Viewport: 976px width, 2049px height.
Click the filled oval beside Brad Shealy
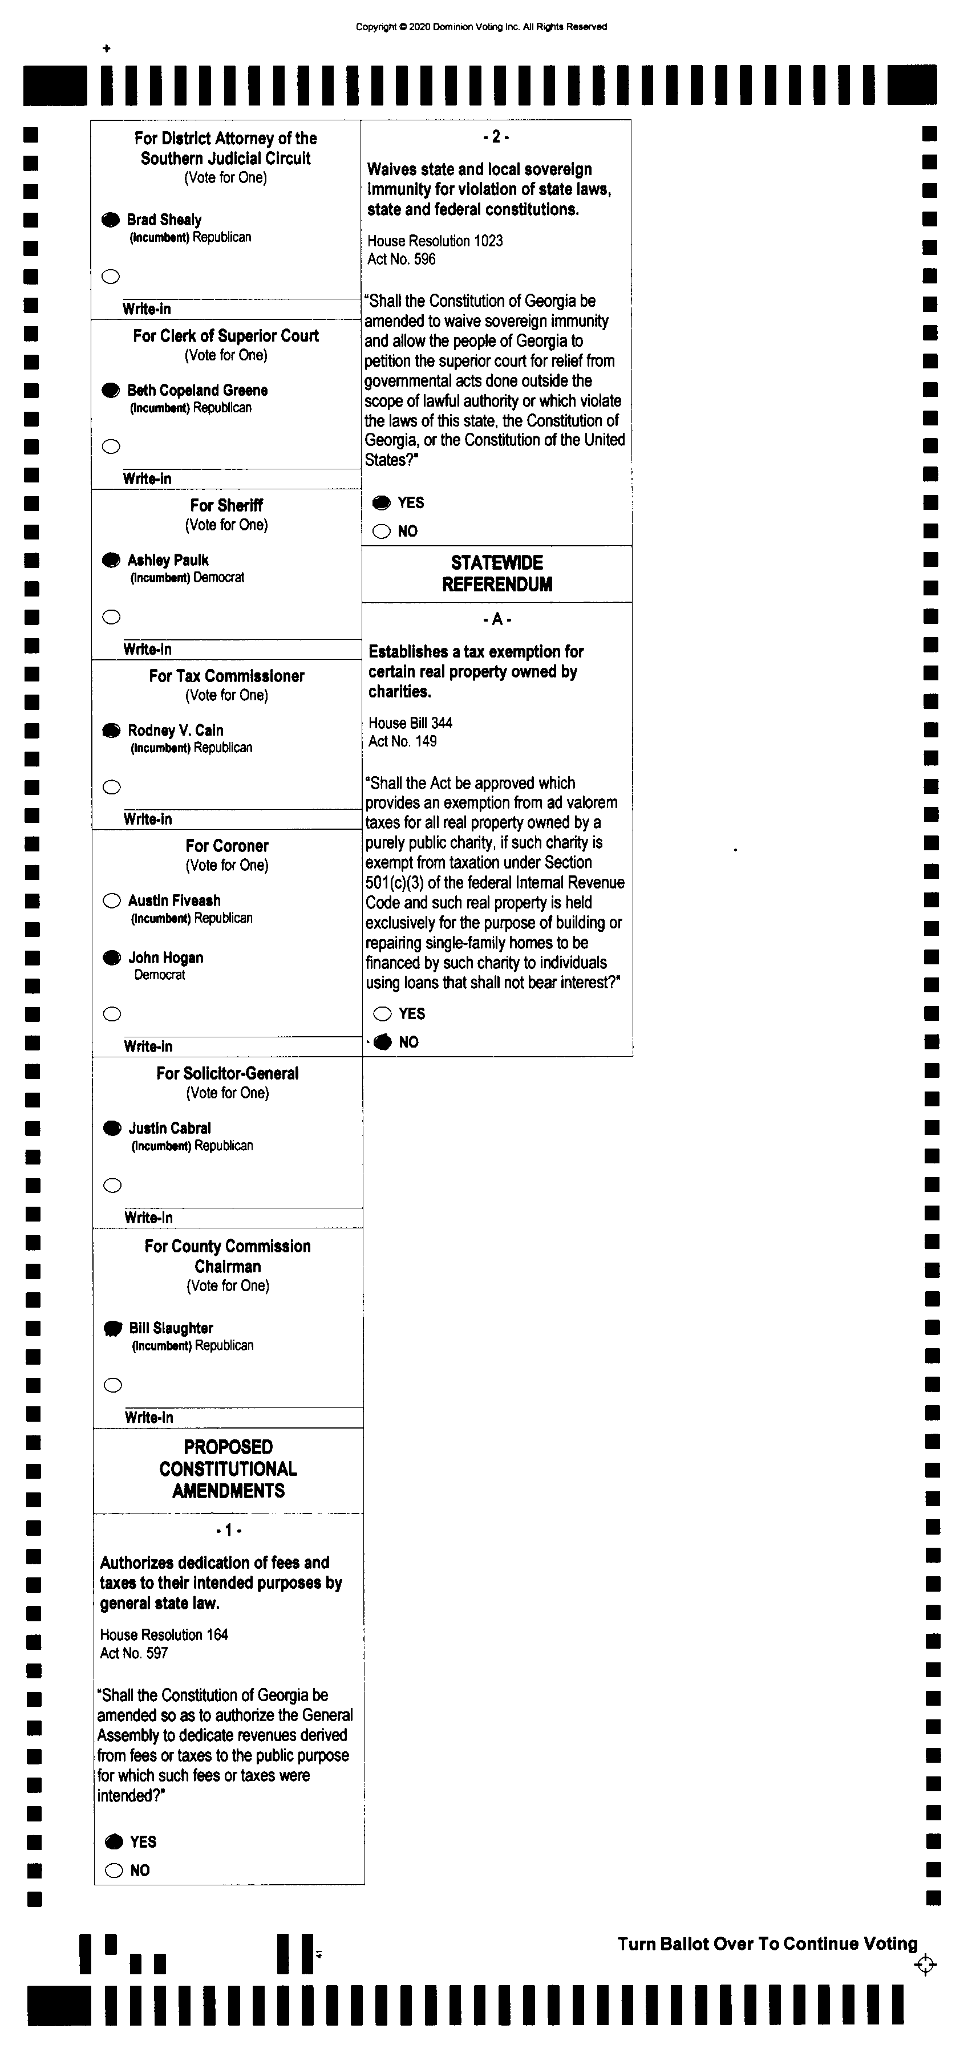111,220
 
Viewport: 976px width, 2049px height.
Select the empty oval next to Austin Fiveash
111,900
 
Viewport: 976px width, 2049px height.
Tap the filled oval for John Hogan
111,957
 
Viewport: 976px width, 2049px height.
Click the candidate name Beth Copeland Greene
197,389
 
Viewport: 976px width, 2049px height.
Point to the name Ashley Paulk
168,560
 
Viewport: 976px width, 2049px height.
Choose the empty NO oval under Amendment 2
382,531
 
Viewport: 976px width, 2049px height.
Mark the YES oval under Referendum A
383,1013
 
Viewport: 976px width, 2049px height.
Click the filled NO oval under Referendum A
383,1042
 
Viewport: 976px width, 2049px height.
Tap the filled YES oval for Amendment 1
114,1841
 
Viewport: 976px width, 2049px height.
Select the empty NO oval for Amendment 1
114,1870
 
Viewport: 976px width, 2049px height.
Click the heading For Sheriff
226,505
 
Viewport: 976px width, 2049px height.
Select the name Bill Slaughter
171,1328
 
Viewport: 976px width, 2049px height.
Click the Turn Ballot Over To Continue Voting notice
767,1943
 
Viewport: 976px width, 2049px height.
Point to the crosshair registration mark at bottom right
925,1965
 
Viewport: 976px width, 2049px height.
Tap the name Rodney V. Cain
176,730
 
